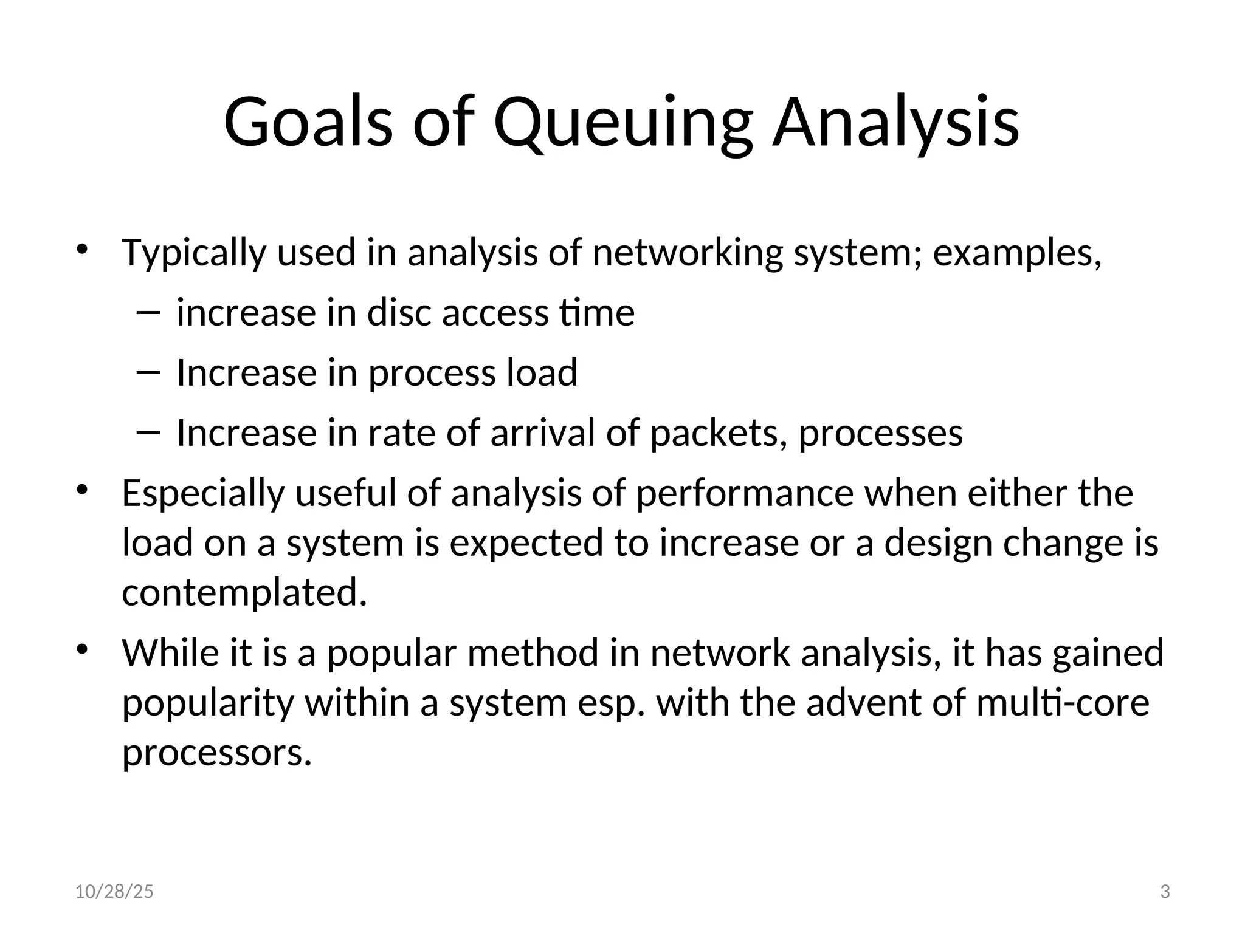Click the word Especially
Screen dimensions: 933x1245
203,493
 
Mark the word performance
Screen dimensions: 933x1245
745,493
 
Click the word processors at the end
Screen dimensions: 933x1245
217,753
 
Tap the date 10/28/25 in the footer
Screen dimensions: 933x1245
114,892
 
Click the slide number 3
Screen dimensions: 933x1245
1165,892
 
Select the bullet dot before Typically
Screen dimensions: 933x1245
83,250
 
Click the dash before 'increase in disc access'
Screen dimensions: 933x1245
148,313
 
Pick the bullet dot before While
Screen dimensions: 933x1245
83,649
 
